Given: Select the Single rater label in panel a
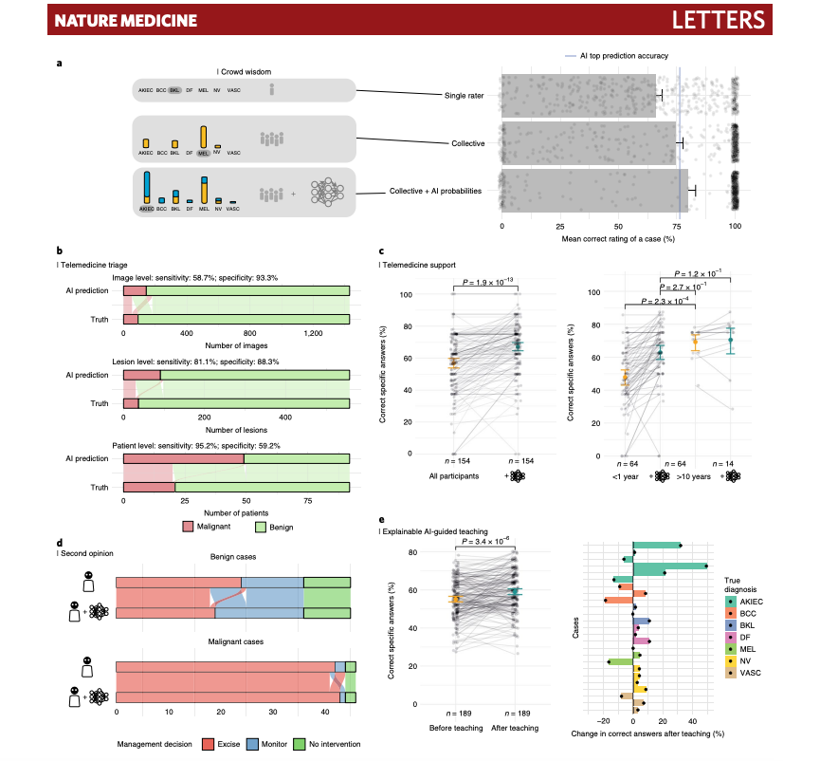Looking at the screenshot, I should click(x=464, y=96).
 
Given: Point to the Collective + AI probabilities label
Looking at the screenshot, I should click(x=435, y=191).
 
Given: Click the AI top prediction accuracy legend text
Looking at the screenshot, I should click(x=625, y=56).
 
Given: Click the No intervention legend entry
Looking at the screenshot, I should click(x=328, y=744).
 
